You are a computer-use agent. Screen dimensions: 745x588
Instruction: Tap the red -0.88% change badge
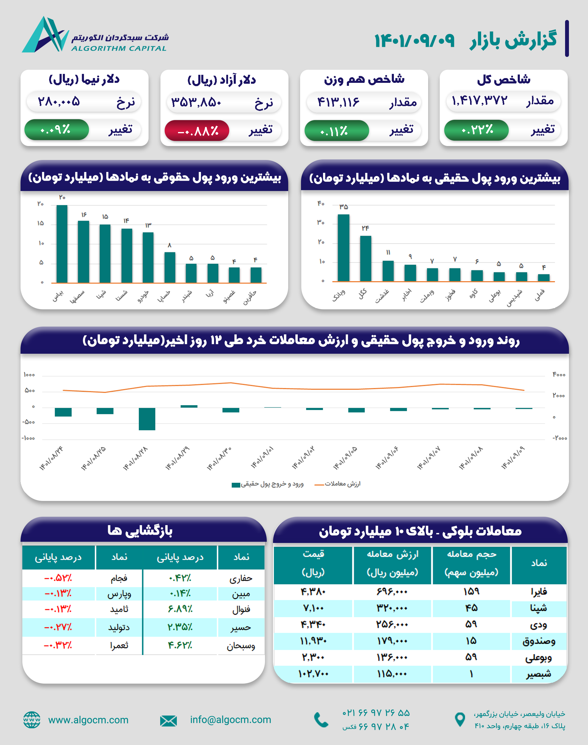point(197,131)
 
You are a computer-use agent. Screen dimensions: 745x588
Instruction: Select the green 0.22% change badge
point(476,130)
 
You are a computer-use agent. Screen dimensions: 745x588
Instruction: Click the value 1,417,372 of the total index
point(479,101)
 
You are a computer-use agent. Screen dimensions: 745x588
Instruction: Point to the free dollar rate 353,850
point(196,102)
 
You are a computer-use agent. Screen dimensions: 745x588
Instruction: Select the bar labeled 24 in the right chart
point(366,258)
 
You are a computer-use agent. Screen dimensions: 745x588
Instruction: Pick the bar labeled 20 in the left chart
point(62,244)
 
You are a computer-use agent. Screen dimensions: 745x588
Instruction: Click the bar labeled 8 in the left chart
point(170,267)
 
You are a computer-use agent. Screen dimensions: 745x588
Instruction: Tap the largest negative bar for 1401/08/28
point(147,419)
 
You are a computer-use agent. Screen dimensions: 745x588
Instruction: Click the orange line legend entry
point(337,484)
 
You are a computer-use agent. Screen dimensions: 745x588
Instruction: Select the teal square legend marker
point(236,485)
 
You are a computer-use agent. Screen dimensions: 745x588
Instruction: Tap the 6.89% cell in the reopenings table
point(180,609)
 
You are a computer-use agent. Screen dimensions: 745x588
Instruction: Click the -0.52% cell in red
point(58,578)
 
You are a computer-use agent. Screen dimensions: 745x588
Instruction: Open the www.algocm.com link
point(88,720)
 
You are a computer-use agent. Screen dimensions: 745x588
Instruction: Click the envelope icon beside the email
point(168,721)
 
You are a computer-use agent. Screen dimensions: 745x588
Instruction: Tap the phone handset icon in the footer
point(321,720)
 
